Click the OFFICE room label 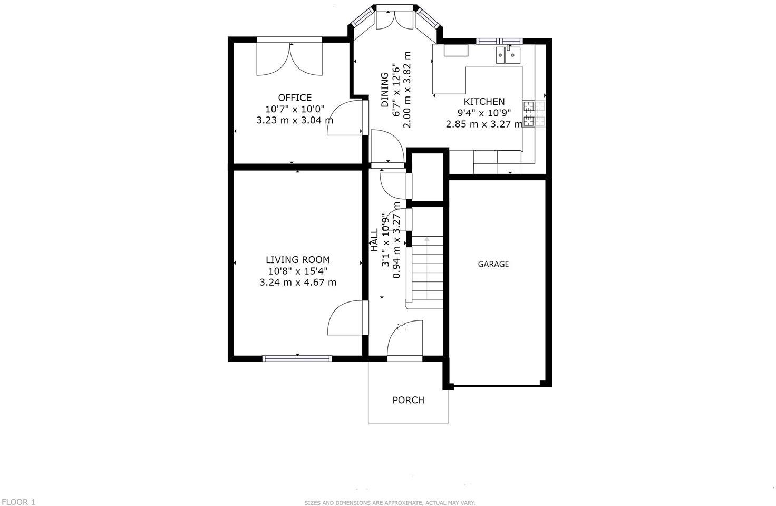pyautogui.click(x=295, y=98)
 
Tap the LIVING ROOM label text pyautogui.click(x=298, y=259)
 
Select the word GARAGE pyautogui.click(x=493, y=264)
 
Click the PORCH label pyautogui.click(x=409, y=400)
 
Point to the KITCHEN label pyautogui.click(x=484, y=102)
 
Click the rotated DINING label pyautogui.click(x=385, y=90)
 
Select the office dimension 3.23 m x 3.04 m pyautogui.click(x=295, y=120)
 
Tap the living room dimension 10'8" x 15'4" pyautogui.click(x=298, y=271)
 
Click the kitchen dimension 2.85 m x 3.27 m pyautogui.click(x=484, y=124)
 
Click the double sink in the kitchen pyautogui.click(x=508, y=55)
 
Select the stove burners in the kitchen pyautogui.click(x=533, y=114)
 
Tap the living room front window pyautogui.click(x=297, y=358)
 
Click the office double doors pyautogui.click(x=289, y=58)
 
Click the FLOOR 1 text pyautogui.click(x=18, y=502)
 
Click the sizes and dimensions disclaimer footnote pyautogui.click(x=390, y=503)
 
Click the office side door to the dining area pyautogui.click(x=346, y=118)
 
